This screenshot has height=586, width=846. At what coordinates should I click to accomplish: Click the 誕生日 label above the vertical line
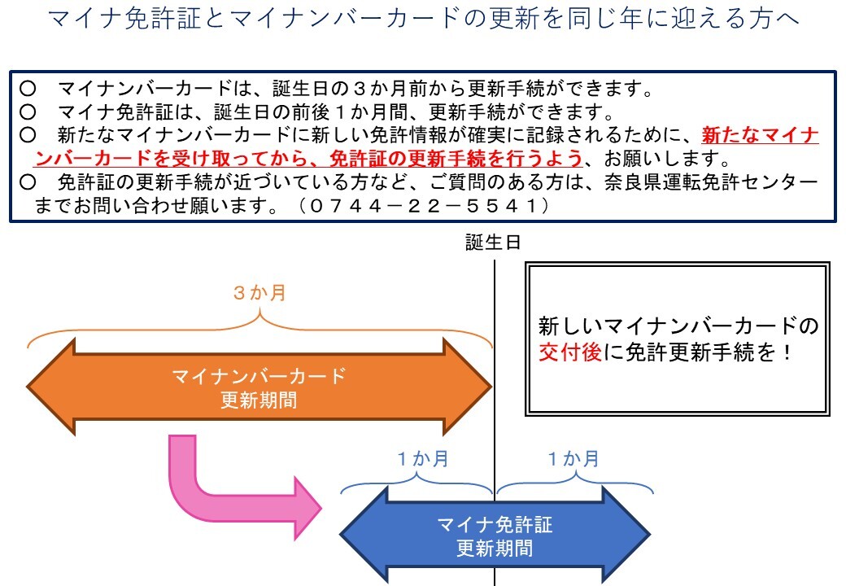coord(493,243)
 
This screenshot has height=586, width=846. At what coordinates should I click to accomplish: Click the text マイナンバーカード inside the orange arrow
coord(259,376)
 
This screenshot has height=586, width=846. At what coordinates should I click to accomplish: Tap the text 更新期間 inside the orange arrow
coord(259,400)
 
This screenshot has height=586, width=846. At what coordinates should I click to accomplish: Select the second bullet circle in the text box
coord(28,111)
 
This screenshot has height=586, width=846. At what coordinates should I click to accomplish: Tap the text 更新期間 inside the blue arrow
coord(495,548)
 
